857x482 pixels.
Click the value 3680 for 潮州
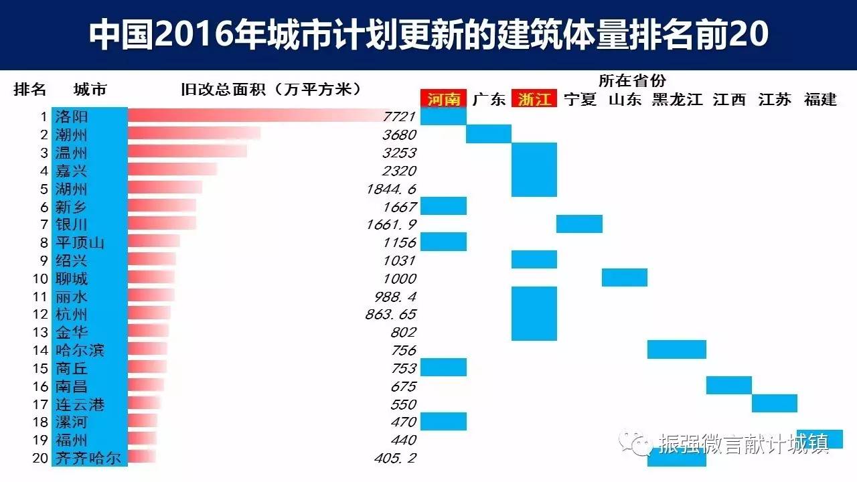[x=399, y=135]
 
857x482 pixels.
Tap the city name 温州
[x=72, y=153]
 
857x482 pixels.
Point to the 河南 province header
[x=443, y=100]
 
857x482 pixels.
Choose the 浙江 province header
[x=534, y=100]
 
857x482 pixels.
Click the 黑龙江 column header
[x=677, y=100]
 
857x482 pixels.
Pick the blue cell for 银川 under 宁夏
[x=579, y=224]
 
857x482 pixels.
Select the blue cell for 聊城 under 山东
[x=624, y=277]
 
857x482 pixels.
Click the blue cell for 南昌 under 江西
[x=728, y=386]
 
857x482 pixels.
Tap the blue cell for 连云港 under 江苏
[x=774, y=404]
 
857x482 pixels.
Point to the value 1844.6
[x=391, y=189]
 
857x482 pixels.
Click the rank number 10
[x=40, y=278]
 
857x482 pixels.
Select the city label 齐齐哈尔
[x=88, y=459]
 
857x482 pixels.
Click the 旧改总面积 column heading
[x=271, y=89]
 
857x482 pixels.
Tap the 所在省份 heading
[x=632, y=81]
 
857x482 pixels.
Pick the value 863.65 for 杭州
[x=391, y=314]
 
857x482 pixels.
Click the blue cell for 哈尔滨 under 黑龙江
[x=676, y=349]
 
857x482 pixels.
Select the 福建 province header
[x=820, y=100]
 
